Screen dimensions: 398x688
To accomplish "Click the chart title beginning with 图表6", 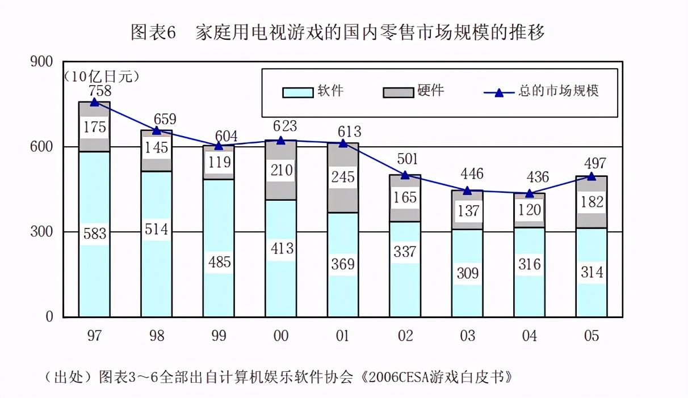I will tap(338, 32).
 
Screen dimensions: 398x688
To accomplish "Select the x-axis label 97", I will tap(94, 336).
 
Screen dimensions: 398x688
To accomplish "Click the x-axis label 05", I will tap(591, 336).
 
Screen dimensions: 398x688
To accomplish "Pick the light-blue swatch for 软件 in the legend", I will tap(297, 92).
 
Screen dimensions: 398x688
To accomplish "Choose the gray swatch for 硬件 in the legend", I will tap(398, 92).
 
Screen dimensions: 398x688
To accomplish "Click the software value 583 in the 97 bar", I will tap(94, 234).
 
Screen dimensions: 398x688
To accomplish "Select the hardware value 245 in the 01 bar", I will tap(343, 177).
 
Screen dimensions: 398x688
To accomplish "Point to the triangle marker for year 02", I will tap(405, 175).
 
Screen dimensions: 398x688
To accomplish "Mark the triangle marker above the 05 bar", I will tap(591, 176).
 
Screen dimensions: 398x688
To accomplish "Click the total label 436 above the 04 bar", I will tap(536, 177).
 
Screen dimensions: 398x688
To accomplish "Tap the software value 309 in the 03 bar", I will tap(467, 273).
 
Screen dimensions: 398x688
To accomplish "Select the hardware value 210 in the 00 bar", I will tap(281, 170).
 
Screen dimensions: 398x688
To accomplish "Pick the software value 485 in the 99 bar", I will tap(219, 262).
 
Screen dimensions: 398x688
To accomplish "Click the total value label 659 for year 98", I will tap(165, 120).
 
